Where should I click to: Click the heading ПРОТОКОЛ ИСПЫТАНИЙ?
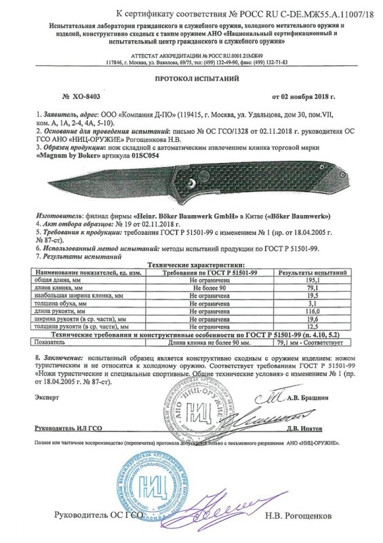(192, 78)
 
